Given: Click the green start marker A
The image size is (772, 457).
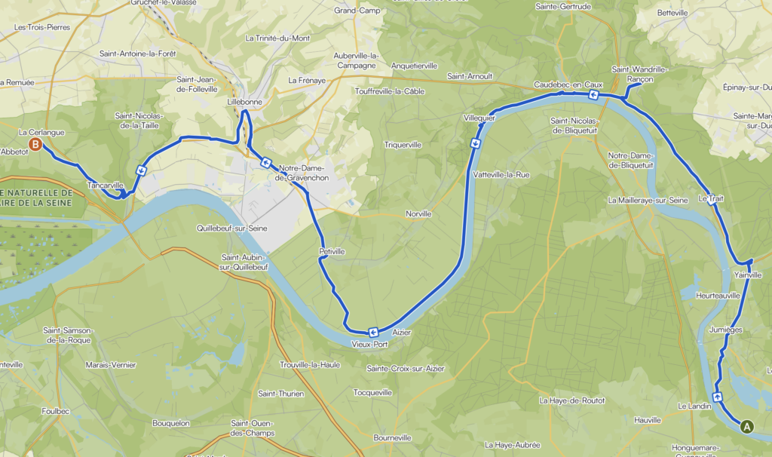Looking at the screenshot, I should click(x=747, y=426).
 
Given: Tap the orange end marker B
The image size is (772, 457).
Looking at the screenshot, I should click(x=34, y=143).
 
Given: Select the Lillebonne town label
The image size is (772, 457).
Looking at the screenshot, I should click(x=244, y=100).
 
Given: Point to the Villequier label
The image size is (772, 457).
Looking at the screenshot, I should click(x=479, y=118).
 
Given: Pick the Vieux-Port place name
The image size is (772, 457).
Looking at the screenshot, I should click(x=369, y=344).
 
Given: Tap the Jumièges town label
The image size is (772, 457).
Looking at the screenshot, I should click(x=726, y=330).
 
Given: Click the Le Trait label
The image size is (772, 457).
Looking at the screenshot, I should click(x=711, y=198).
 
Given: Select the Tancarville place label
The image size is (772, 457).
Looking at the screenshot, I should click(x=105, y=185).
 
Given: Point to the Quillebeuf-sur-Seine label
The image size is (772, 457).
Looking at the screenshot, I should click(x=231, y=228).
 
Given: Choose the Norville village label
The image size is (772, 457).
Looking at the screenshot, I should click(x=418, y=213).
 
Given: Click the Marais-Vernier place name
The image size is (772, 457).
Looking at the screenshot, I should click(x=111, y=365).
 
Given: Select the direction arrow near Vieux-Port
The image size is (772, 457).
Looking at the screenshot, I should click(x=373, y=332).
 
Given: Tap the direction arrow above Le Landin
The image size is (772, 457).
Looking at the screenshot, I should click(x=716, y=396).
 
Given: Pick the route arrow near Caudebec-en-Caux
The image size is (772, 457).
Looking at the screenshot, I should click(x=593, y=95).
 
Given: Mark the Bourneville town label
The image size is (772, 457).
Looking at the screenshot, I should click(x=392, y=437).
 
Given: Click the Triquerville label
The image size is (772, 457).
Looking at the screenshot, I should click(x=406, y=144).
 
